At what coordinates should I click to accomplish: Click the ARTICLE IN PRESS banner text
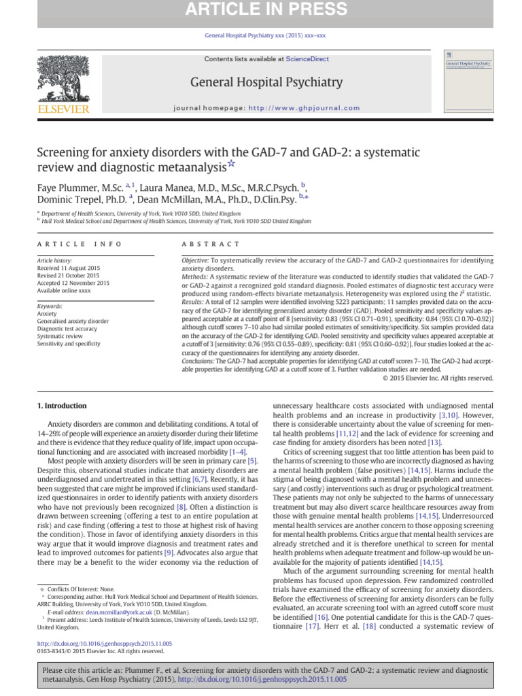(260, 10)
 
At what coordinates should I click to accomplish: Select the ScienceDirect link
(307, 59)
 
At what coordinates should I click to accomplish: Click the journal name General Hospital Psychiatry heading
(266, 82)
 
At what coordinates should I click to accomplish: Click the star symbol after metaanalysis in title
(232, 163)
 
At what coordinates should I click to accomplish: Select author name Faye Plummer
(67, 186)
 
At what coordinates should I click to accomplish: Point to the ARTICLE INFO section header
(80, 244)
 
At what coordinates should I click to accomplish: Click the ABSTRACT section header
(211, 244)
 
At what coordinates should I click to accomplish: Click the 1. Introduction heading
(61, 406)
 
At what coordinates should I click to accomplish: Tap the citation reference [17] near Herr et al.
(313, 625)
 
